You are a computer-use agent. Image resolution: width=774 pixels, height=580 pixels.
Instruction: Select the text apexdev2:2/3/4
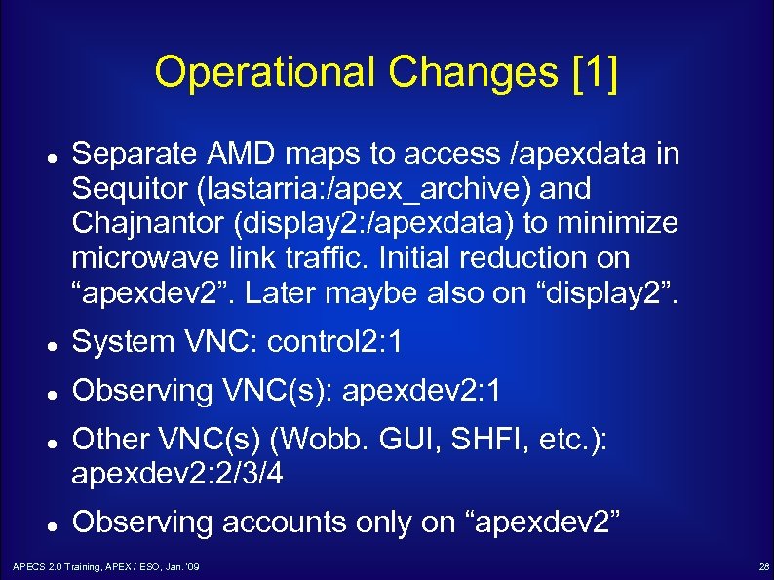coord(179,475)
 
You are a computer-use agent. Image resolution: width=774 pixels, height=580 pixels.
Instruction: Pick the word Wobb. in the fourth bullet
coord(368,440)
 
